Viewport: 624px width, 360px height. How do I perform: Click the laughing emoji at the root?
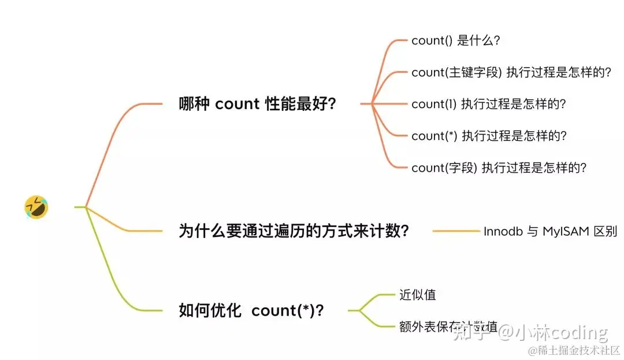(36, 207)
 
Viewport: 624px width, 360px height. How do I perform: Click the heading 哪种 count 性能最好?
(258, 104)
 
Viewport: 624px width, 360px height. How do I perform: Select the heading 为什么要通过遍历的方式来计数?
(294, 231)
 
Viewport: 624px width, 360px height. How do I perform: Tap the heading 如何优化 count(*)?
(251, 310)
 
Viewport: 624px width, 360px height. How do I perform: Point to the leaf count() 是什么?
(455, 40)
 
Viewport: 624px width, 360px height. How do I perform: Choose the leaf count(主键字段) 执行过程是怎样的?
(511, 72)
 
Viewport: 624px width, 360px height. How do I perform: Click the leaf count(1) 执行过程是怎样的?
(488, 104)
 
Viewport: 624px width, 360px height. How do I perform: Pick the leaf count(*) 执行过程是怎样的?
(489, 136)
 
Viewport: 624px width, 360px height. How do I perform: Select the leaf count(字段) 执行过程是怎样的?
(499, 168)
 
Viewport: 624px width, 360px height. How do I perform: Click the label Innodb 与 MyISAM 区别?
(550, 231)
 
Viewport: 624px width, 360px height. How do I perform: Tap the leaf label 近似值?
(417, 295)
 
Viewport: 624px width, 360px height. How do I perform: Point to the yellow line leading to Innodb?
(456, 231)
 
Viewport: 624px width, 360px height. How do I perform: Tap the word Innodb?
(503, 231)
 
